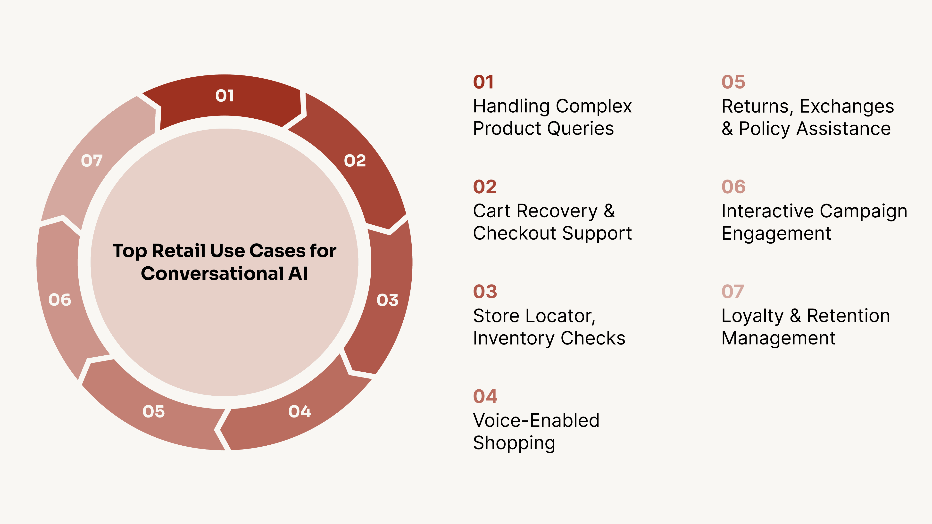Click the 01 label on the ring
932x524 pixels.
coord(224,96)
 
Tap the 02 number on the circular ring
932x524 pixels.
coord(355,161)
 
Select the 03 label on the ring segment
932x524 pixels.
coord(387,300)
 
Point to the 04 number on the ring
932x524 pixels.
coord(300,411)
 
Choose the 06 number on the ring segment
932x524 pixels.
coord(60,300)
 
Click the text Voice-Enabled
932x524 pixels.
coord(536,421)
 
